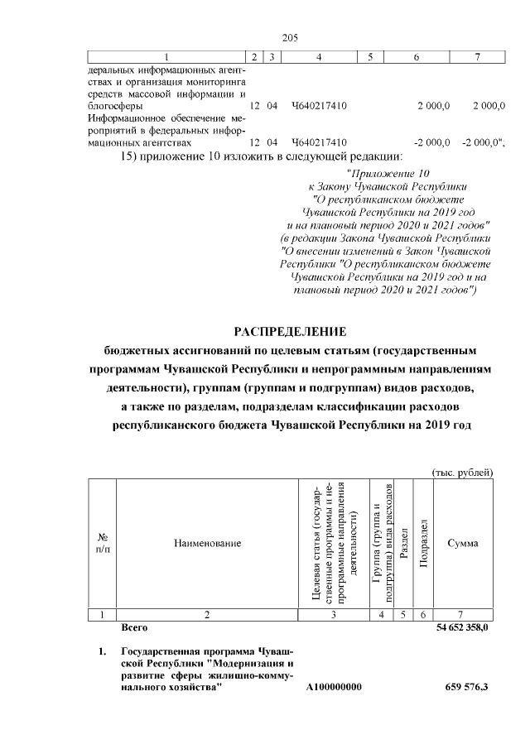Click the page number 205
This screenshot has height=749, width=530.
pos(290,38)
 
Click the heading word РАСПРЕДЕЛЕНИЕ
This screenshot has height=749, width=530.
pos(290,332)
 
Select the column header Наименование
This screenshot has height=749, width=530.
pos(207,543)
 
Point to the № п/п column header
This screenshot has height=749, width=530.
pos(102,543)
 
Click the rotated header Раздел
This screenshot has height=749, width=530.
pos(405,543)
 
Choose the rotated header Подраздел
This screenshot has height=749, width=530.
pos(423,543)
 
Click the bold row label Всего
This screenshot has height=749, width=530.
pos(134,629)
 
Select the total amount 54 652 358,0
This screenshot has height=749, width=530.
pos(462,629)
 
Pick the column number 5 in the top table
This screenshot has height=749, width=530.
pos(370,56)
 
